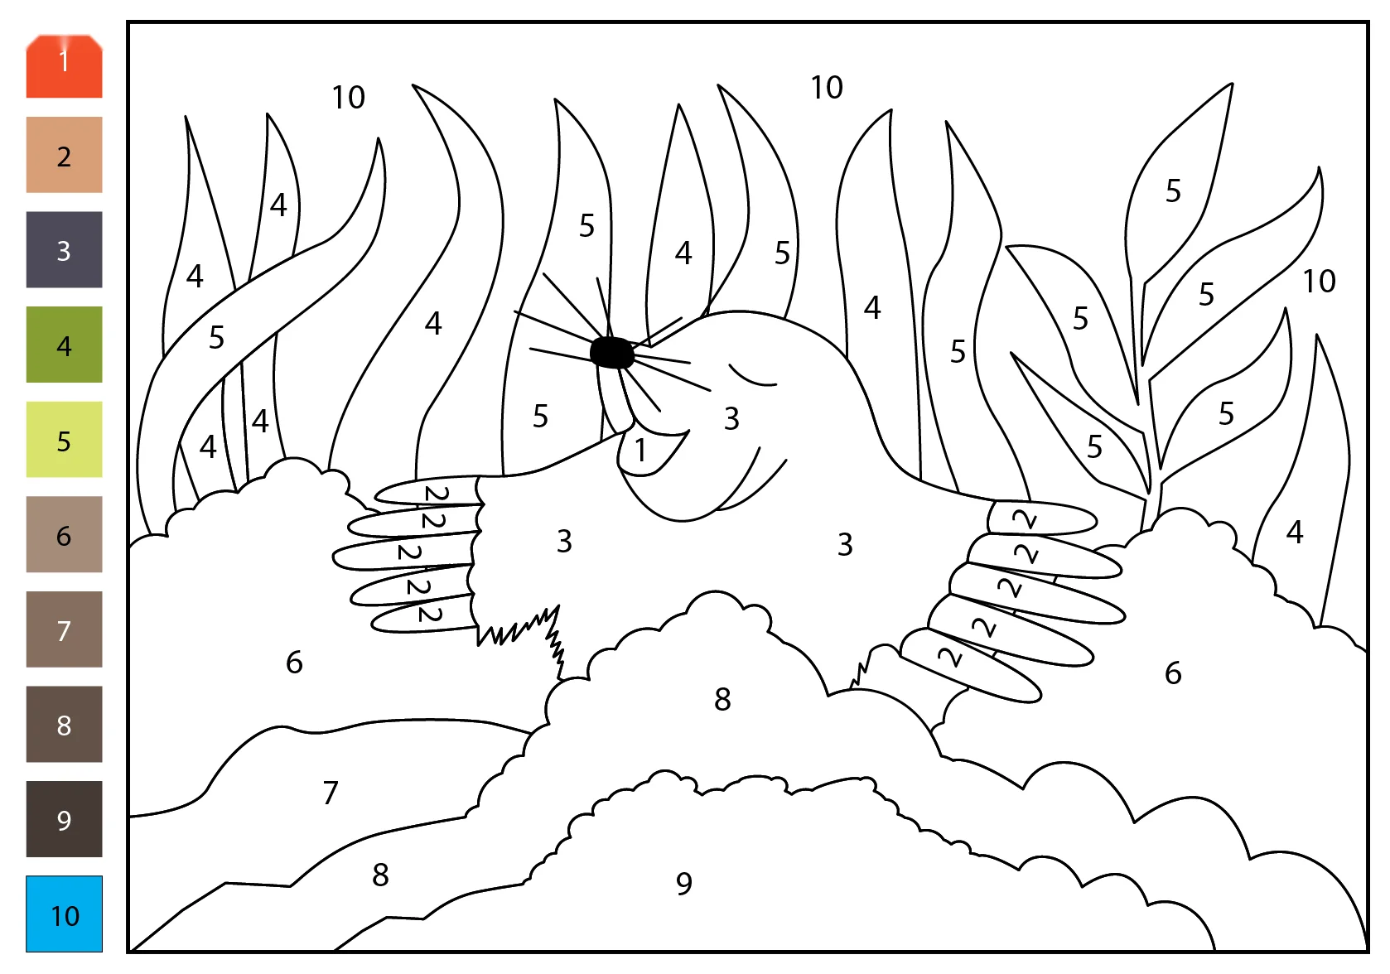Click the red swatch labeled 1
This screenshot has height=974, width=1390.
(x=64, y=66)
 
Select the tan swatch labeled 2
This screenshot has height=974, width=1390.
(x=64, y=155)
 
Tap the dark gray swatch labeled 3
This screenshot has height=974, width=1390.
(x=64, y=249)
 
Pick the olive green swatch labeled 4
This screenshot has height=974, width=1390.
(x=64, y=345)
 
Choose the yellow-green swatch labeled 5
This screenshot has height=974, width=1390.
(x=64, y=439)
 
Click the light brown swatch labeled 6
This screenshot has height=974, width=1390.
(x=64, y=534)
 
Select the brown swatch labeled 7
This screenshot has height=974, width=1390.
(x=64, y=629)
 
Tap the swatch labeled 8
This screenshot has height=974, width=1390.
(x=64, y=724)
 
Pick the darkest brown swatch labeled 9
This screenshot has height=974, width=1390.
(x=64, y=819)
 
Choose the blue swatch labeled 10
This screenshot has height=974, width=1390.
(x=64, y=914)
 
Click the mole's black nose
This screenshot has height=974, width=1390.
(x=612, y=353)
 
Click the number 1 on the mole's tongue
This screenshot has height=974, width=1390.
(x=641, y=450)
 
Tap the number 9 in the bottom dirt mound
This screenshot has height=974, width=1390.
(x=684, y=884)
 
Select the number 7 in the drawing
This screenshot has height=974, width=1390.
(x=331, y=793)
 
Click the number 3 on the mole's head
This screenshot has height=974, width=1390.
(x=731, y=418)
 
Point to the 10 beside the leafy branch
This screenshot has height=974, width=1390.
(x=1320, y=281)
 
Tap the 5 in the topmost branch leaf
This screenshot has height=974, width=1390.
(x=1173, y=190)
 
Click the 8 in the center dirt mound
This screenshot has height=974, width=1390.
(x=722, y=699)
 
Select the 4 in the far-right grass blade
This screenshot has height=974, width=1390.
(x=1295, y=532)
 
